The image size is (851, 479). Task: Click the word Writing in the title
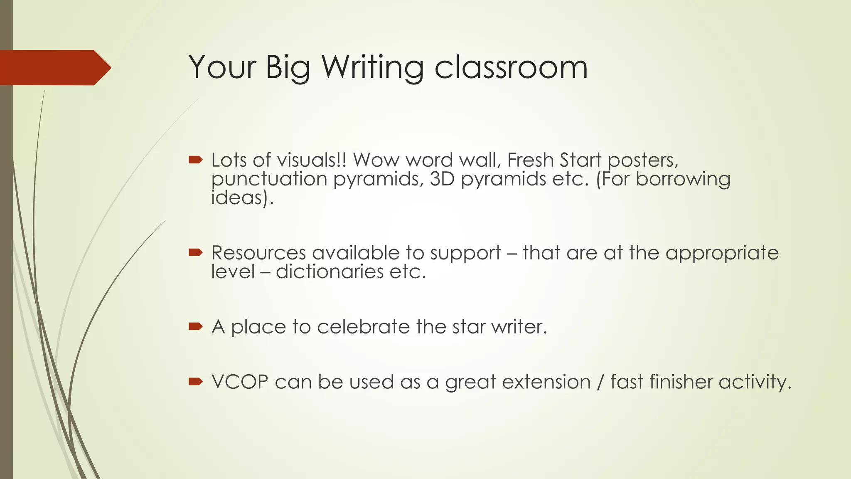[x=372, y=67]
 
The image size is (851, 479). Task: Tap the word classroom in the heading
[x=511, y=67]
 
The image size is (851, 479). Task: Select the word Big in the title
[x=288, y=67]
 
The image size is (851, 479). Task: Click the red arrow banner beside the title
[x=54, y=67]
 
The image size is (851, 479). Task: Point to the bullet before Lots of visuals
[x=195, y=160]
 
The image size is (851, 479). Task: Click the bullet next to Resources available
[x=195, y=252]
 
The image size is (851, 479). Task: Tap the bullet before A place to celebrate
[x=195, y=326]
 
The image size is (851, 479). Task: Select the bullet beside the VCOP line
[x=195, y=382]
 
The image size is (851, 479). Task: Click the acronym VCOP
[x=240, y=382]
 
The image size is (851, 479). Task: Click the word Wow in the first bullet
[x=376, y=160]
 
